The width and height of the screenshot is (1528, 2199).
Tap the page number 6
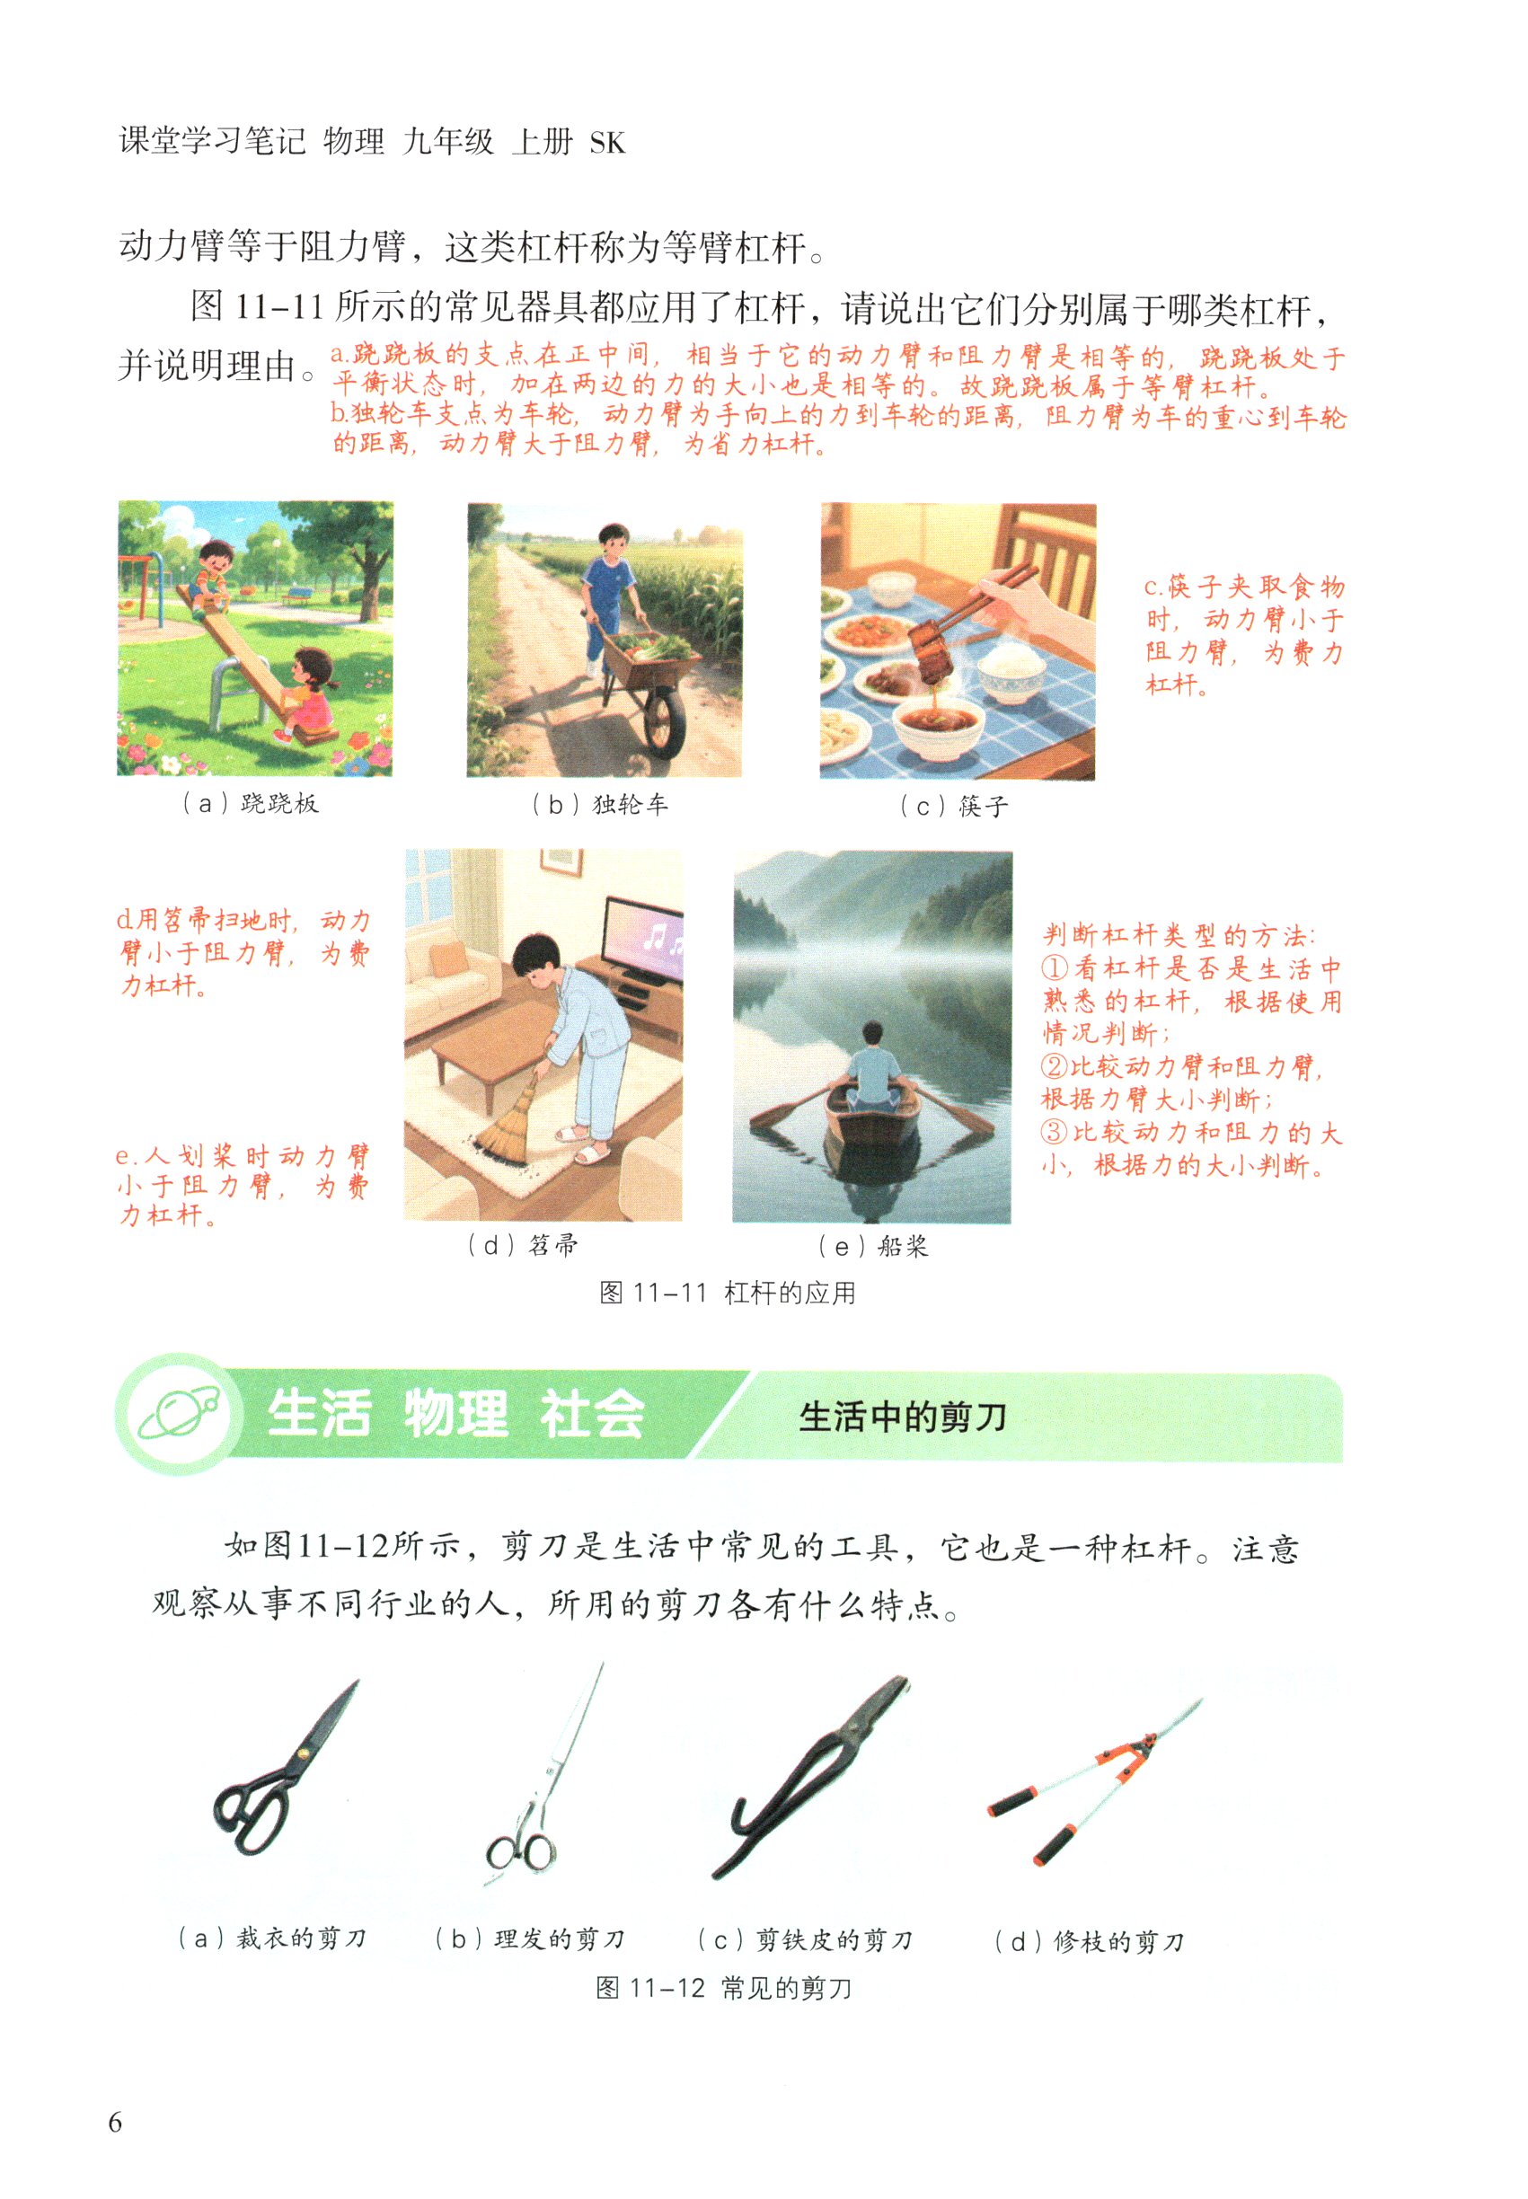click(x=115, y=2123)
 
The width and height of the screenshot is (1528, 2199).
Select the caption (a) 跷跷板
click(x=250, y=803)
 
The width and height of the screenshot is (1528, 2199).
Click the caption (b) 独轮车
click(x=599, y=804)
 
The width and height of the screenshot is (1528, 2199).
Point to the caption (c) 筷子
click(x=954, y=806)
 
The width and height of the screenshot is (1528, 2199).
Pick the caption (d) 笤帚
click(x=523, y=1246)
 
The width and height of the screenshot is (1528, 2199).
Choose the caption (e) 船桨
click(x=873, y=1247)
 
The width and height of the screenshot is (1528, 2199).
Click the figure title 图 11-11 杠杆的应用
click(x=727, y=1293)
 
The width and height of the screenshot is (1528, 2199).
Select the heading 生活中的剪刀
click(x=903, y=1416)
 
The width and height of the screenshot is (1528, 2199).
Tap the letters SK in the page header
click(x=607, y=144)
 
